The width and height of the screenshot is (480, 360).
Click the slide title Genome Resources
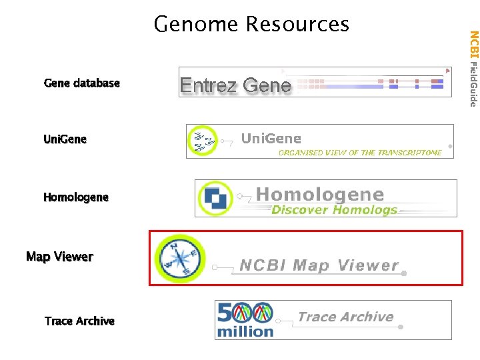click(251, 24)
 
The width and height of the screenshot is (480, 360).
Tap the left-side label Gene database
click(81, 83)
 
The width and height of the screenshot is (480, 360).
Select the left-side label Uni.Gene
click(65, 139)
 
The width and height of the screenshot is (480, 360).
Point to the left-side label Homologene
click(75, 197)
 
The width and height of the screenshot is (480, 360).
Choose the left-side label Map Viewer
click(59, 257)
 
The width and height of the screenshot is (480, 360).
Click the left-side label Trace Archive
click(79, 321)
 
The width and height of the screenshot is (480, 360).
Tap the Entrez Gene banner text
click(235, 85)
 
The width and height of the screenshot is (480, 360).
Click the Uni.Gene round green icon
click(203, 141)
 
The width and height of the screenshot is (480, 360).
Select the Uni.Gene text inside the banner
click(271, 139)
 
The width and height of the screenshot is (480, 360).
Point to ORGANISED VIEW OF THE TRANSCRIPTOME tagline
click(360, 153)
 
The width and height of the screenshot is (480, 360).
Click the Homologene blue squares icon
click(215, 198)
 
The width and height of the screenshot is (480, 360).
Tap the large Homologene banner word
click(320, 194)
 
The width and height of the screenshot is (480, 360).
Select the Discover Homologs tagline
click(334, 210)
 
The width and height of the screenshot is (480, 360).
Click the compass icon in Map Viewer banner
click(179, 257)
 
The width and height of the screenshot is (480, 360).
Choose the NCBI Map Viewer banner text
click(319, 265)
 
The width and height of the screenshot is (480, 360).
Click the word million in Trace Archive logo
click(245, 331)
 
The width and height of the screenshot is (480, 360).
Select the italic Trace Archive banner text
click(345, 317)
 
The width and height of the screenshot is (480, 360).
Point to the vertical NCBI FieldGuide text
click(473, 68)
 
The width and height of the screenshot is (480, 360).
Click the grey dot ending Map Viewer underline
click(404, 273)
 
